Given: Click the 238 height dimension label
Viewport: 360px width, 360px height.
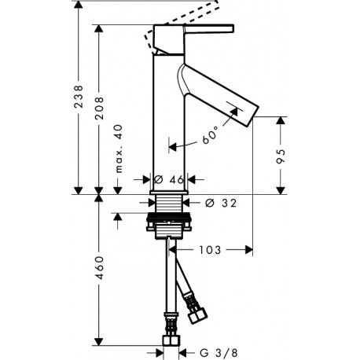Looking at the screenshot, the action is pos(79,96).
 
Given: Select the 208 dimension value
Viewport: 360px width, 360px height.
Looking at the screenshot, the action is pos(99,108).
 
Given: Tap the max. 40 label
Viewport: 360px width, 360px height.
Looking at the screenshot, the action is pos(119,149).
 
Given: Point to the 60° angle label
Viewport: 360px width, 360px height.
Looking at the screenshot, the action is pos(210,134).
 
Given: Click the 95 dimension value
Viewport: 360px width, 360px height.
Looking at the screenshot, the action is pos(281,156).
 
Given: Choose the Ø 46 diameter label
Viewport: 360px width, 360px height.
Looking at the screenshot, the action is pos(169,180).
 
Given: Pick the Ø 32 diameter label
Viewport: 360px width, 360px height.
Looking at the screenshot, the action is pos(221,203).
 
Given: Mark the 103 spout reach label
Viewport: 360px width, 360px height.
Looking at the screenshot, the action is pos(210,250).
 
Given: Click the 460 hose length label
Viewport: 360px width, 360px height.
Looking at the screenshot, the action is pos(99,267).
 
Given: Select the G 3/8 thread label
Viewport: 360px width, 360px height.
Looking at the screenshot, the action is pos(219,353).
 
